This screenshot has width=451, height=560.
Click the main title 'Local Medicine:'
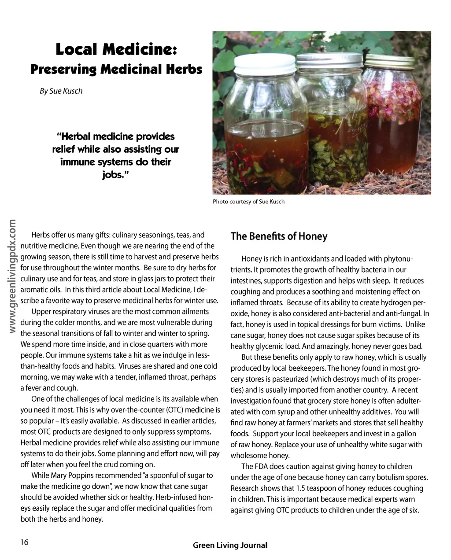click(116, 50)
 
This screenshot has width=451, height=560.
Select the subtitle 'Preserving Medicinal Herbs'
click(116, 70)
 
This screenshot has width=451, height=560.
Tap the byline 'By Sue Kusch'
click(61, 91)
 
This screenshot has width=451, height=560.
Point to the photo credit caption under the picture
click(248, 202)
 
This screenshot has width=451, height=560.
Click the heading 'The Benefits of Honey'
click(279, 236)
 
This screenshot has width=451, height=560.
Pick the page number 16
click(24, 542)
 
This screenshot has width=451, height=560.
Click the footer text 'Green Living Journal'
click(230, 545)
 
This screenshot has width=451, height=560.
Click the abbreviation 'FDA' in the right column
click(260, 467)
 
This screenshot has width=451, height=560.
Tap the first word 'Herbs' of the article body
click(41, 235)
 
